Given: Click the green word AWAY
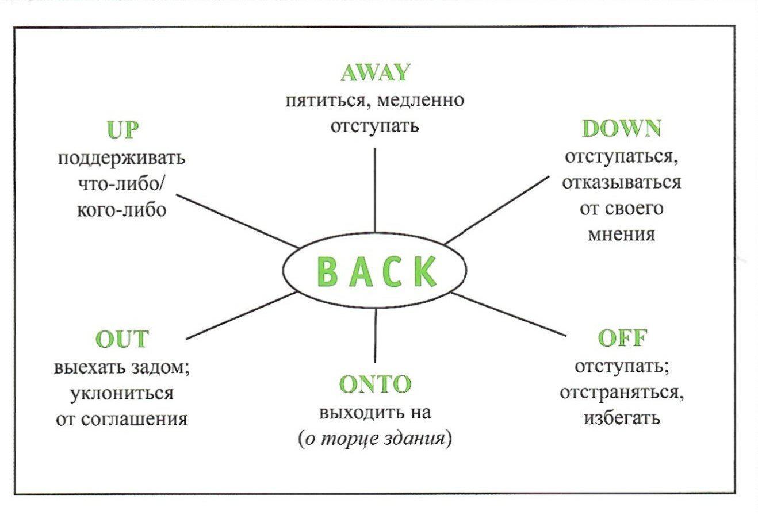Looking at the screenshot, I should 375,73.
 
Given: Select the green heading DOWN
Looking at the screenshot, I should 621,129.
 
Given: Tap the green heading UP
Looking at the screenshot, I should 122,130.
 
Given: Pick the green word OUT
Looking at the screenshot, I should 122,339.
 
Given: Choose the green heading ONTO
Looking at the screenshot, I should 376,384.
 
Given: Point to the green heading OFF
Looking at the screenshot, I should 622,338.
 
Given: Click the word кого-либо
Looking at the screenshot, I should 121,210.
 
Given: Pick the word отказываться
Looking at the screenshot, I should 622,183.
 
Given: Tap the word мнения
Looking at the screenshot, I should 622,235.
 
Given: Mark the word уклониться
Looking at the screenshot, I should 121,393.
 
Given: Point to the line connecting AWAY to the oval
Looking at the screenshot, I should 375,190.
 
